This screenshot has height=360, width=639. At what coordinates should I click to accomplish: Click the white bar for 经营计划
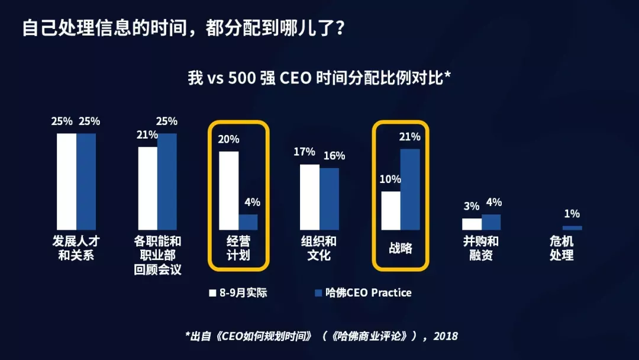[x=229, y=191]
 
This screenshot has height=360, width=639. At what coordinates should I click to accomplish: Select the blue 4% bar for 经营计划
[x=248, y=222]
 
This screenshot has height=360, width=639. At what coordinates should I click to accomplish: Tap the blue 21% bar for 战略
[x=410, y=189]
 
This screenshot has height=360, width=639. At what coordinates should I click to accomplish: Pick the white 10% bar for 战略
[x=390, y=211]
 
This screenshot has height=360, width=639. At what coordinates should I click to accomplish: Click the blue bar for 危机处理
[x=572, y=228]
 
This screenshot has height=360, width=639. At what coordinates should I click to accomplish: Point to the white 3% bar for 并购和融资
[x=472, y=224]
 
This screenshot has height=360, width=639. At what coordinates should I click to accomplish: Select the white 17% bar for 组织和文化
[x=309, y=197]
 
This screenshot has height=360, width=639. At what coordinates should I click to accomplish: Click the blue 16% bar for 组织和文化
[x=330, y=199]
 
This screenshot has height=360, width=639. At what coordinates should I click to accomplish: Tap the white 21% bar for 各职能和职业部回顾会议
[x=148, y=188]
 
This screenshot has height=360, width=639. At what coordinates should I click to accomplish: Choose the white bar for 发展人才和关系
[x=67, y=182]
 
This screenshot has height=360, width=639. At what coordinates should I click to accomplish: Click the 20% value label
[x=228, y=139]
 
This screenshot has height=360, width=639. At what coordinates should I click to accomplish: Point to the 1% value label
[x=572, y=214]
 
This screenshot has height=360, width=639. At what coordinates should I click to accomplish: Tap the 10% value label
[x=390, y=179]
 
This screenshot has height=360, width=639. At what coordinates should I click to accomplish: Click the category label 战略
[x=400, y=249]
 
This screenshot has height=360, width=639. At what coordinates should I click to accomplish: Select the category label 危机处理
[x=561, y=249]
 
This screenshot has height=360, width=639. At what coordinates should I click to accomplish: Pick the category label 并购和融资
[x=481, y=249]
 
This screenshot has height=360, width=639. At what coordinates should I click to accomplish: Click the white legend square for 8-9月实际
[x=212, y=292]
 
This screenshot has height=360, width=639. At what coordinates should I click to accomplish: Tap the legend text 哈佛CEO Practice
[x=367, y=292]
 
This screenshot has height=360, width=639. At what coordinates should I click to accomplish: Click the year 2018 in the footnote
[x=446, y=336]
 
